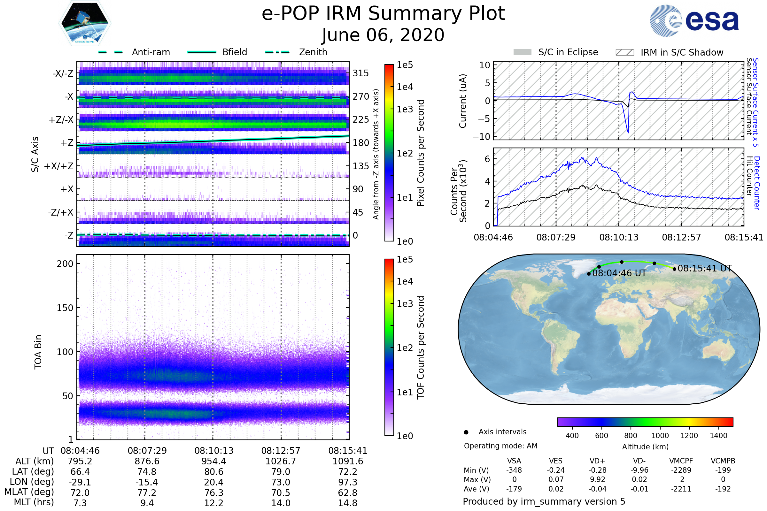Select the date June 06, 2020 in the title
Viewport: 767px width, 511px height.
tap(383, 35)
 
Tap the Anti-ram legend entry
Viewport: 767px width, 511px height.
tap(151, 52)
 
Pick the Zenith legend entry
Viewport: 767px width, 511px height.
tap(313, 52)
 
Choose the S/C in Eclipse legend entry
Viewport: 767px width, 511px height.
tap(568, 52)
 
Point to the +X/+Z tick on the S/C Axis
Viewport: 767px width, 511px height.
tap(59, 166)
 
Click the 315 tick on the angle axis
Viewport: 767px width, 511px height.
tap(360, 73)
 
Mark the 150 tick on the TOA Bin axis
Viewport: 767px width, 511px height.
tap(65, 308)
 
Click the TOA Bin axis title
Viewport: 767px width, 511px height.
tap(38, 352)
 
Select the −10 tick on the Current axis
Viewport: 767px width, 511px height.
tap(481, 137)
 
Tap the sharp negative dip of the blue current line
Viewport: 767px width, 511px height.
tap(628, 132)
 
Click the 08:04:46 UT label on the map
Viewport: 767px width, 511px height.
tap(619, 273)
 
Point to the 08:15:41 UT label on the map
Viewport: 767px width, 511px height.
tap(704, 268)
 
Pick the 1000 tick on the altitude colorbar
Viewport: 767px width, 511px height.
tap(660, 436)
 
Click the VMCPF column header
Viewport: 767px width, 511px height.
tap(681, 461)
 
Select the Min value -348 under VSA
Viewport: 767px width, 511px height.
tap(514, 470)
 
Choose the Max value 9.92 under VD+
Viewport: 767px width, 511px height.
tap(597, 479)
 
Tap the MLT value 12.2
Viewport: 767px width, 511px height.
tap(213, 503)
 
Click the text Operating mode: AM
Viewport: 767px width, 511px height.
tap(500, 446)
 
